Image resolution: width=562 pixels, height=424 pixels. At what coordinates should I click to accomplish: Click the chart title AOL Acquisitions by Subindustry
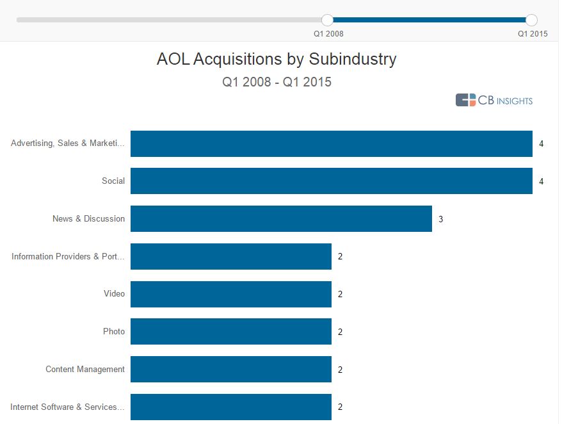coord(277,60)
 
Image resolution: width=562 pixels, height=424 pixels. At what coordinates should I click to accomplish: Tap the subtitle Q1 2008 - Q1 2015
coord(277,82)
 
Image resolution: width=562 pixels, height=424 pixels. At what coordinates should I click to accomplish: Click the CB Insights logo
coord(494,100)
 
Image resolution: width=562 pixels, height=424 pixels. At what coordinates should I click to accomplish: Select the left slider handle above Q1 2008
coord(327,20)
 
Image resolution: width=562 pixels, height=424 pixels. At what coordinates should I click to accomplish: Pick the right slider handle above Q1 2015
coord(531,20)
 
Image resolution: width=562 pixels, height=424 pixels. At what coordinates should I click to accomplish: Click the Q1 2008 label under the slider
coord(328,34)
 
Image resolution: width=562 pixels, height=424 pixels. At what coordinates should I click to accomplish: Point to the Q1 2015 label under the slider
coord(533,34)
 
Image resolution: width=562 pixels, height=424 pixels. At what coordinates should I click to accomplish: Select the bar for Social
coord(331,181)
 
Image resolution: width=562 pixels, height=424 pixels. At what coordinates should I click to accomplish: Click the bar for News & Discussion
coord(281,218)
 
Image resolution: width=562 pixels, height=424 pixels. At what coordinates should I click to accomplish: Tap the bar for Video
coord(230,294)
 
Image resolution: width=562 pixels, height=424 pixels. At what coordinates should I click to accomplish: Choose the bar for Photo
coord(230,332)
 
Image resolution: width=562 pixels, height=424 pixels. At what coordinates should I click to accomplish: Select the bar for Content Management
coord(230,370)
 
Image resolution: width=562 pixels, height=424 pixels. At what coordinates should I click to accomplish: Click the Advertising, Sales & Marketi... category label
coord(68,143)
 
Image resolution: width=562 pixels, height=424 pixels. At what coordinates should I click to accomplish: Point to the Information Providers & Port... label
coord(68,257)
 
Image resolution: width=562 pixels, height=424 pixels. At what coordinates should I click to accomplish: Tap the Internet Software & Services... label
coord(67,407)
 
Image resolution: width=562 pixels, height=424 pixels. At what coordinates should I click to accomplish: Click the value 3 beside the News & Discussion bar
coord(440,219)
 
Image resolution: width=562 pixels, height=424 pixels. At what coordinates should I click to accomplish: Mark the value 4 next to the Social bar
coord(541,181)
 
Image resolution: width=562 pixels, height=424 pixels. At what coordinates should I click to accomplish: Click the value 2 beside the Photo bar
coord(340,332)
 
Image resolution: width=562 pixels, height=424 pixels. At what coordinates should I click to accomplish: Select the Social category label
coord(113,181)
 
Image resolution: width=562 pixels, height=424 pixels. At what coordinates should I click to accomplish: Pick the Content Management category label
coord(85,370)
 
